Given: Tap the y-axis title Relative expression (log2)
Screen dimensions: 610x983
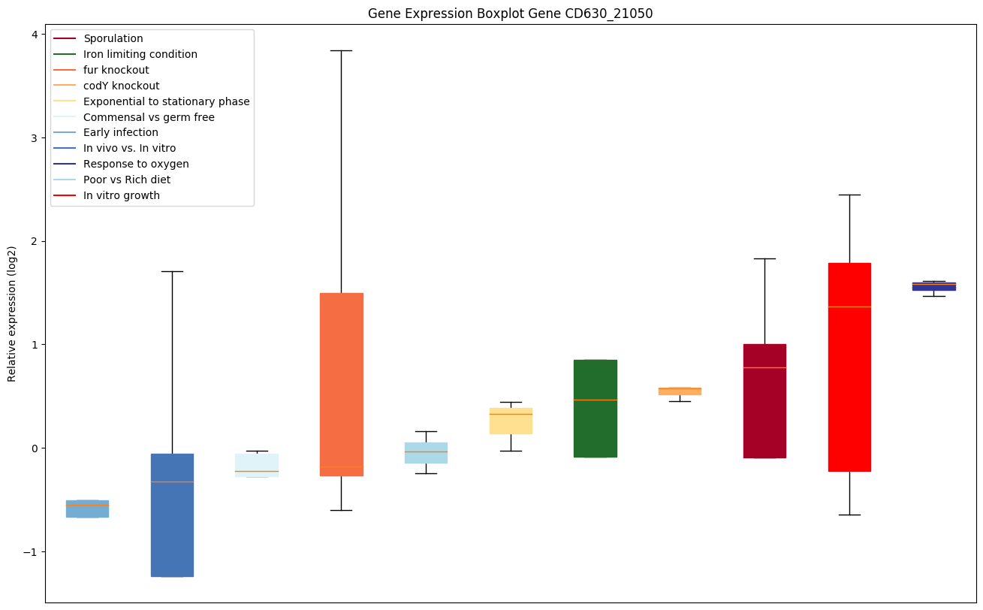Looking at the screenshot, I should click(x=12, y=313).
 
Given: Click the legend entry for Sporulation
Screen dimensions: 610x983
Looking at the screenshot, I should click(x=113, y=38).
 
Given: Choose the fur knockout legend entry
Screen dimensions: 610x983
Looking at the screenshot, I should click(x=116, y=70).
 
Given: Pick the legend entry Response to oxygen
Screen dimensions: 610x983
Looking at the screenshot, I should click(x=136, y=164).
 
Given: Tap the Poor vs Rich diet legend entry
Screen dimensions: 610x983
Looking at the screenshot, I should click(x=127, y=180).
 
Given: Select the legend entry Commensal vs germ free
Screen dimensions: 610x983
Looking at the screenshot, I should click(x=149, y=117).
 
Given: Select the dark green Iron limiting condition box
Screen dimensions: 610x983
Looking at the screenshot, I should click(x=595, y=408).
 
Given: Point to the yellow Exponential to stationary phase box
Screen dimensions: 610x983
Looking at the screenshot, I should click(x=511, y=421).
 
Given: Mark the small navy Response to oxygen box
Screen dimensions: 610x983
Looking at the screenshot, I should click(x=933, y=286).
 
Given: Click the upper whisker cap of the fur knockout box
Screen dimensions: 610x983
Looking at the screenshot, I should click(x=341, y=50).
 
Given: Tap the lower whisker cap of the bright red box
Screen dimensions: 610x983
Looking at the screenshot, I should click(x=849, y=515).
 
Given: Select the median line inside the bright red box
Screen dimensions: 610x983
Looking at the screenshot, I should click(x=849, y=307).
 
